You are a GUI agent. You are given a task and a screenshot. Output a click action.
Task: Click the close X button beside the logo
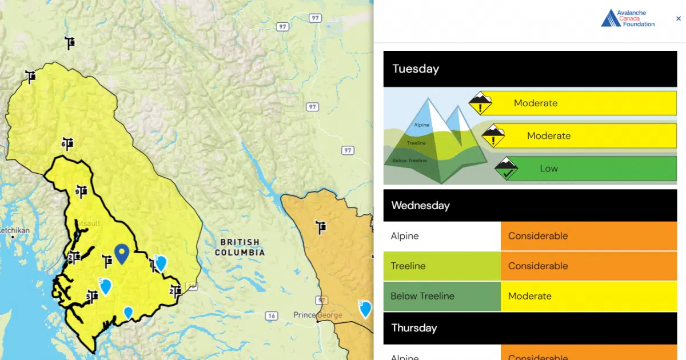tap(679, 18)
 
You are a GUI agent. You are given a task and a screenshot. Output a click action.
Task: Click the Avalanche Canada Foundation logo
tap(628, 18)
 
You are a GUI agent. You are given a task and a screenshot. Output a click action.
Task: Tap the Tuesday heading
tap(416, 69)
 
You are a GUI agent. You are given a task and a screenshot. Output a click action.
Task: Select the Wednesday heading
tap(420, 206)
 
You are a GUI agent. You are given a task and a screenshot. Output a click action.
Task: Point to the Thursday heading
tap(414, 328)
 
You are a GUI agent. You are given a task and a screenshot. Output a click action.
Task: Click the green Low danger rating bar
tap(585, 169)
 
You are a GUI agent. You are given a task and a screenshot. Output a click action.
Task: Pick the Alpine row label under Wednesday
tap(405, 236)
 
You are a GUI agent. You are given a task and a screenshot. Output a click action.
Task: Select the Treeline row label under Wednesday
tap(408, 266)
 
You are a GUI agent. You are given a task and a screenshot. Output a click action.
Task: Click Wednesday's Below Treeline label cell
tap(422, 296)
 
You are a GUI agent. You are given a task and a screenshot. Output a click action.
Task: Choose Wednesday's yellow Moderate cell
tap(588, 296)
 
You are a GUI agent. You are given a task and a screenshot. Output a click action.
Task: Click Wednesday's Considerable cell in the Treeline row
tap(588, 266)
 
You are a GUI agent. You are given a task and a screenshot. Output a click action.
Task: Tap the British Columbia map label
tap(240, 247)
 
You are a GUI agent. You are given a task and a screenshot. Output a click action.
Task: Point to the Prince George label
tap(317, 315)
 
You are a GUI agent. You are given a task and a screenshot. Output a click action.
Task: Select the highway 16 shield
tap(271, 315)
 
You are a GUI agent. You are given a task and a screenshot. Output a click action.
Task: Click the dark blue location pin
tap(121, 253)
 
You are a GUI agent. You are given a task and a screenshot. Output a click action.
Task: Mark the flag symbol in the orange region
tap(321, 227)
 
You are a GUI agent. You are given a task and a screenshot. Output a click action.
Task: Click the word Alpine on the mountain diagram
tap(421, 125)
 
